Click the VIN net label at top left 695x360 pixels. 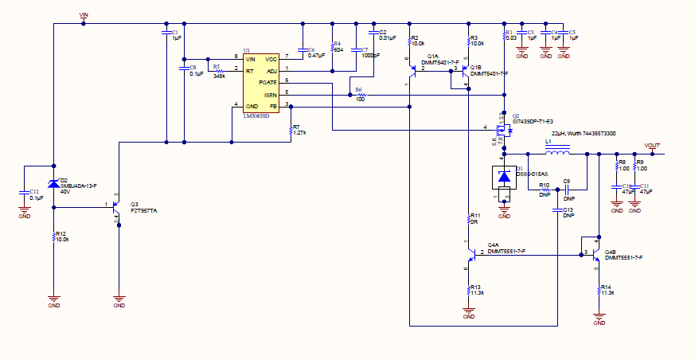coord(84,14)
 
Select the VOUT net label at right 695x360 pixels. coord(652,145)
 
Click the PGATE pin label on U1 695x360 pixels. coord(268,82)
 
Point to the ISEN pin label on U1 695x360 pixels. coord(271,93)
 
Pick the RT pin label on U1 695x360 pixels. coord(250,70)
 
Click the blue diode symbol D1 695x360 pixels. coord(503,175)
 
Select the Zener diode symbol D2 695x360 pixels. coord(53,183)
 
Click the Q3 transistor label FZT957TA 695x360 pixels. coord(143,211)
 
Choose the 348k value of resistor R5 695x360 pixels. coord(219,76)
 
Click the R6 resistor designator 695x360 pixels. coord(358,89)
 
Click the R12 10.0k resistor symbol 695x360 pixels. coord(53,237)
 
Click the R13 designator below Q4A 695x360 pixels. coord(475,287)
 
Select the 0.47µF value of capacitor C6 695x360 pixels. coord(316,56)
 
